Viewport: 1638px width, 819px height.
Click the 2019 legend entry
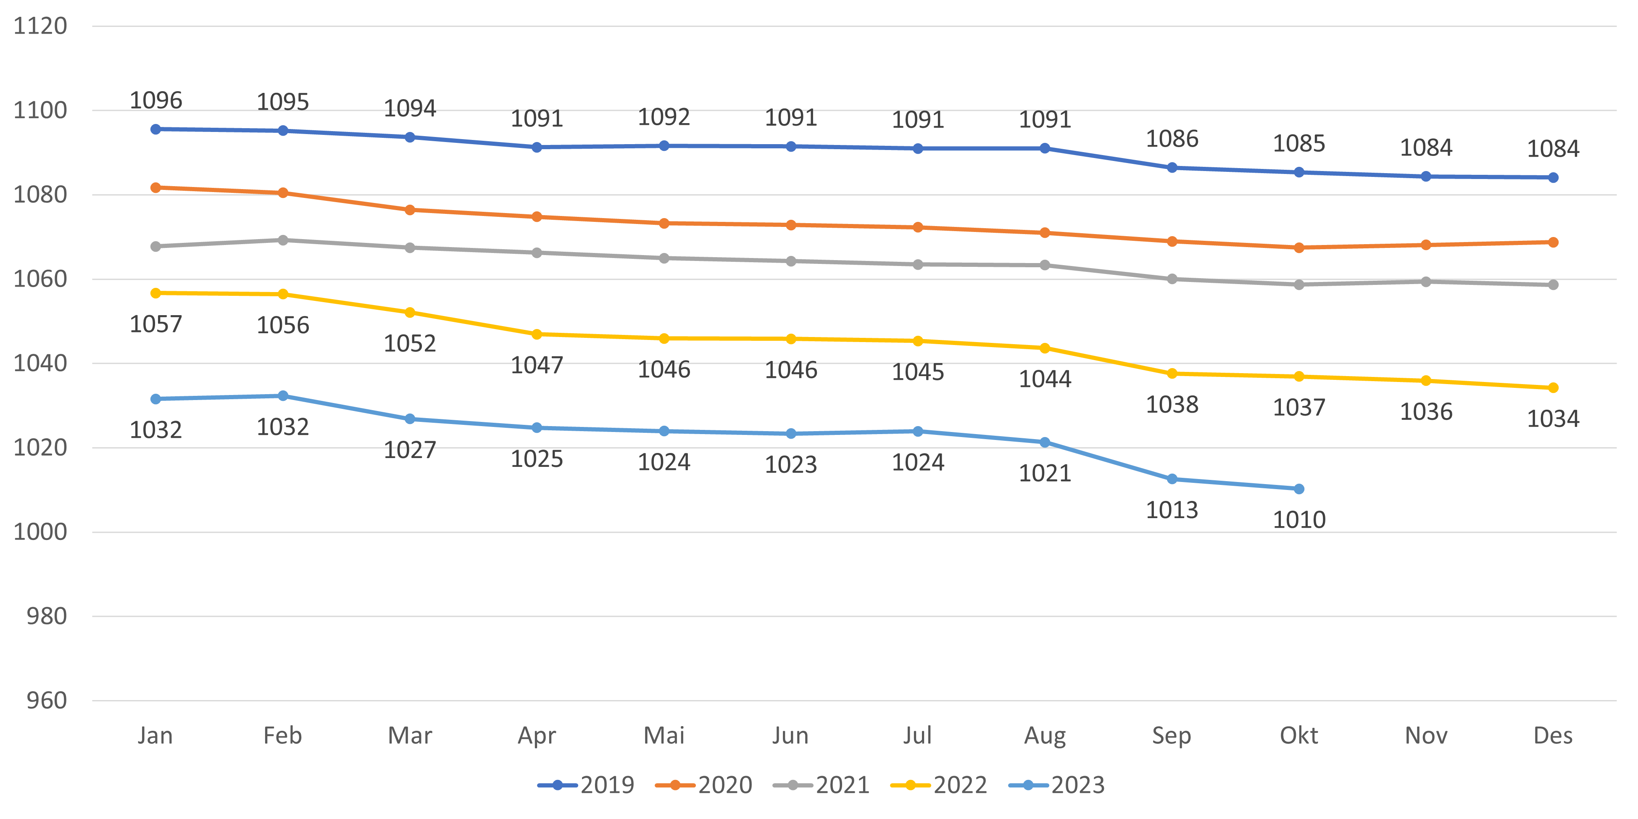[586, 785]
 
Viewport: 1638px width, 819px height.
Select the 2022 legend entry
[939, 785]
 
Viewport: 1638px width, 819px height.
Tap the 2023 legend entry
[1057, 785]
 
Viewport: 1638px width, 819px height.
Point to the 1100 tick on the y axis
[40, 111]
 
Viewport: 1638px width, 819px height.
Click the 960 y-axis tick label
[46, 701]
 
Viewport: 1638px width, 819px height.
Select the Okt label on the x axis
[1298, 736]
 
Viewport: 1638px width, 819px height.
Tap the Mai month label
[664, 736]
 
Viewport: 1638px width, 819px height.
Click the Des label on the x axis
[1553, 736]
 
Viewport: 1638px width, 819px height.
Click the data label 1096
[156, 100]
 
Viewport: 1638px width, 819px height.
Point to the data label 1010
[1298, 520]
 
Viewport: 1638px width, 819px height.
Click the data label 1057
[156, 324]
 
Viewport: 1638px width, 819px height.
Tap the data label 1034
[1553, 419]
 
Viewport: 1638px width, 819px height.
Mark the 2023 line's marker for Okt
[1298, 489]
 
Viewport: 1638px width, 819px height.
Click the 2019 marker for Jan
[156, 129]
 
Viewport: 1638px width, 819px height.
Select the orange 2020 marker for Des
[1553, 242]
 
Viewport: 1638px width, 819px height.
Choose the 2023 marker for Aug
[1045, 442]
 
